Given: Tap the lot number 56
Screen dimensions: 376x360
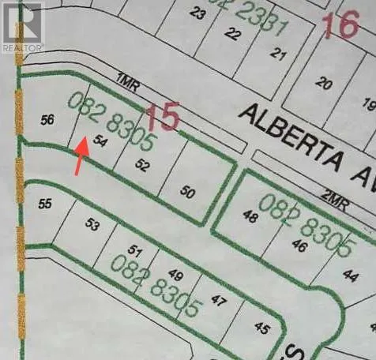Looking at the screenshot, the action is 47,120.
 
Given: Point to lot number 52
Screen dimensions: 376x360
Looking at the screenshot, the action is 142,165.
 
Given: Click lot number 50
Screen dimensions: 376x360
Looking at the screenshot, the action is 187,192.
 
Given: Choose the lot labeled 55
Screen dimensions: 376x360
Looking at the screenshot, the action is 45,203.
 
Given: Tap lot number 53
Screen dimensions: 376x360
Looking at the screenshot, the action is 93,226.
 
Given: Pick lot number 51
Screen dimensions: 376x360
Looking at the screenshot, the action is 134,251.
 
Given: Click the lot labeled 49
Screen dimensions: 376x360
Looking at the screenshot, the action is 175,276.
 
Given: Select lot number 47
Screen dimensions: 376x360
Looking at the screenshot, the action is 218,301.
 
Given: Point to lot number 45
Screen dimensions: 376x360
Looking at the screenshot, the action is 261,327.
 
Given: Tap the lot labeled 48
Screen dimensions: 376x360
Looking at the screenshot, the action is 251,217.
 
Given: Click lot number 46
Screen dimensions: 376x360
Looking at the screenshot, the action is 299,246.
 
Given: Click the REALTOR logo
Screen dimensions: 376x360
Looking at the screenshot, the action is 23,27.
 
